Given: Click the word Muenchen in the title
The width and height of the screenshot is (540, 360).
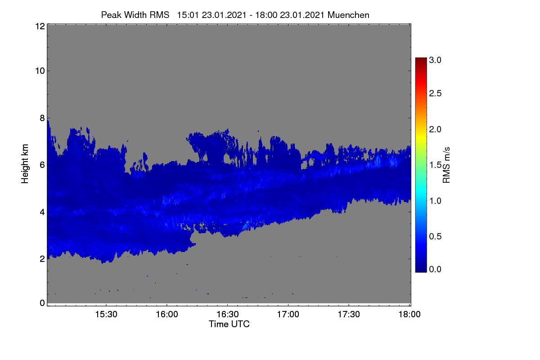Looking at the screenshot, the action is [x=348, y=15].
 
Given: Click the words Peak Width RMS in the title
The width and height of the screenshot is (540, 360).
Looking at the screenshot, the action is [x=135, y=15].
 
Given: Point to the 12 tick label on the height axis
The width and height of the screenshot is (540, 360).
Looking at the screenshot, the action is [x=40, y=26].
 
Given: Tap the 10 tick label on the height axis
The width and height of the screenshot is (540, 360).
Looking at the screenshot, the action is [x=40, y=71].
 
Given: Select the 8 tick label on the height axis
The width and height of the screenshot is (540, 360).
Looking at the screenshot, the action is [x=42, y=118].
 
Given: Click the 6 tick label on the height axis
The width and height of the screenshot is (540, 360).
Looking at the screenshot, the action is [x=42, y=165].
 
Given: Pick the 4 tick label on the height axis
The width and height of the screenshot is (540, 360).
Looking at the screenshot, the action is [x=42, y=212].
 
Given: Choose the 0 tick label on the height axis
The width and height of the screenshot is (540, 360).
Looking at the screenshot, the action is [x=42, y=303].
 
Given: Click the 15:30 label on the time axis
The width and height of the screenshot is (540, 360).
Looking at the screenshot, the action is [x=106, y=314].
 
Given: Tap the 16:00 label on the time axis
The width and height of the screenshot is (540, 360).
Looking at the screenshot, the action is [x=167, y=314].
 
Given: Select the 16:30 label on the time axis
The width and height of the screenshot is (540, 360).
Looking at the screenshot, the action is [x=228, y=314].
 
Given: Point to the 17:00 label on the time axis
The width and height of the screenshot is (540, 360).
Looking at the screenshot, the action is [x=288, y=314].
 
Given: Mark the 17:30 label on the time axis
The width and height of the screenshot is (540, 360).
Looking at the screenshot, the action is [x=349, y=314].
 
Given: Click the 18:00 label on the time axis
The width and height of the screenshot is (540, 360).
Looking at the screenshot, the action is [x=409, y=314].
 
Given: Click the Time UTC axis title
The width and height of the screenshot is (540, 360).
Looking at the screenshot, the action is [x=229, y=324].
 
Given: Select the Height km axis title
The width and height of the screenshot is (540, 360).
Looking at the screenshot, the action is [x=25, y=164].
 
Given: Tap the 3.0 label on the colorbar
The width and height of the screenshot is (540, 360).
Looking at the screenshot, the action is [x=435, y=60].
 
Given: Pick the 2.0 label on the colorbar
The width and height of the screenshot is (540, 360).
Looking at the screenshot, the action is [x=435, y=130].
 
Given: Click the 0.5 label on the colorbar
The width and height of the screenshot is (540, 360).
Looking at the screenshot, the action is [x=435, y=237].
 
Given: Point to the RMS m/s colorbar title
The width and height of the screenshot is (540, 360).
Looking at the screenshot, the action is [x=446, y=165].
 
